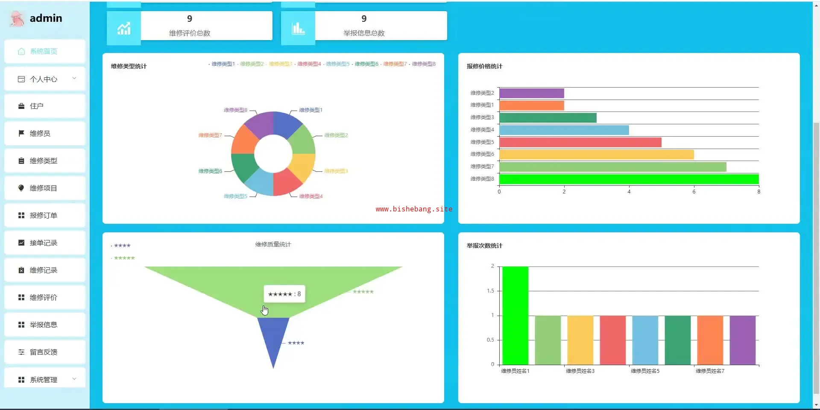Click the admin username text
click(46, 18)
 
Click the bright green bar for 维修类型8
click(628, 179)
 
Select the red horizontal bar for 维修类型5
click(580, 142)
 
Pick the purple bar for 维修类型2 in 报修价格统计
click(531, 93)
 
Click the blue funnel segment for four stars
click(273, 337)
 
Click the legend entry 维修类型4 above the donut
click(309, 64)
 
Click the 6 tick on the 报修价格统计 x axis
click(694, 192)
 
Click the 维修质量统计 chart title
click(273, 244)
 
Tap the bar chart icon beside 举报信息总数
click(298, 29)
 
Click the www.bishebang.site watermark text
click(413, 209)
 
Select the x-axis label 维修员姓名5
click(645, 371)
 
